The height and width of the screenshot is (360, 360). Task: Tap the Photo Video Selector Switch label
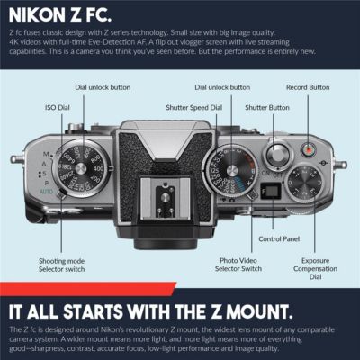coord(240,264)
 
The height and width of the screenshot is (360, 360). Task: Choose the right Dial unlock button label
coord(222,87)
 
